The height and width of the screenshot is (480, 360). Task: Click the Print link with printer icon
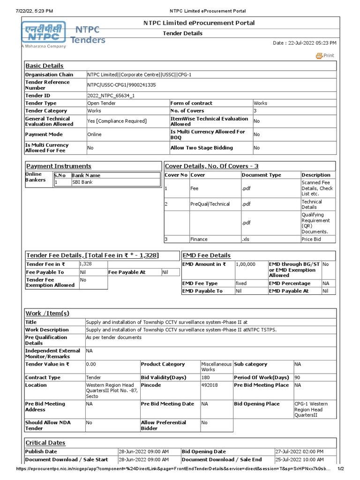click(325, 55)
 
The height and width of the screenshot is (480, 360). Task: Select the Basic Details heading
click(45, 66)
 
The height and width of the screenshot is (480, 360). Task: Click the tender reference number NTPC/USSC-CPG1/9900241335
click(121, 85)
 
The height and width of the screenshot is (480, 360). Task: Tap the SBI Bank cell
click(82, 182)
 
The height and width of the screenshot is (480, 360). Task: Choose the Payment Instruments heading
click(59, 166)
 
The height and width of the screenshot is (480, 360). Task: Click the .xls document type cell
click(246, 239)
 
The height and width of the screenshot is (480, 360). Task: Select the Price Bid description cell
click(311, 239)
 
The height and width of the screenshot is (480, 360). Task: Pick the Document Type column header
click(262, 175)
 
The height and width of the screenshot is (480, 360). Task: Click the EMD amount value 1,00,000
click(246, 264)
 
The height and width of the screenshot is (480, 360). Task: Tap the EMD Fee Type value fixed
click(241, 284)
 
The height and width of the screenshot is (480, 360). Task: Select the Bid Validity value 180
click(206, 377)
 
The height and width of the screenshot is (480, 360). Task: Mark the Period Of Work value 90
click(298, 377)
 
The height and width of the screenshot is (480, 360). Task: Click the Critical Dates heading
click(45, 443)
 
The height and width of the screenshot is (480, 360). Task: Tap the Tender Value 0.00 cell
click(93, 364)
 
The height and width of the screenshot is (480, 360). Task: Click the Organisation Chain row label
click(49, 75)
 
